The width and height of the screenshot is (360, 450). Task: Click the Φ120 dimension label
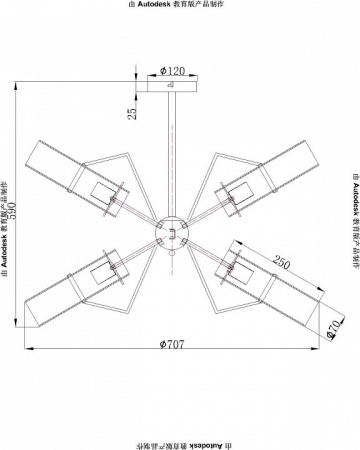pos(172,71)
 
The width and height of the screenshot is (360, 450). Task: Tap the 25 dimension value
pos(132,113)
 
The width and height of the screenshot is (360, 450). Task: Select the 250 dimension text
pos(282,262)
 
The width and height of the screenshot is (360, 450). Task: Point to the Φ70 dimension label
pos(334,329)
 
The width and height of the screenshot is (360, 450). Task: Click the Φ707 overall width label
pos(172,344)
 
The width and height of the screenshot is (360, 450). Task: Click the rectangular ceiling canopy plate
pos(172,86)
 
